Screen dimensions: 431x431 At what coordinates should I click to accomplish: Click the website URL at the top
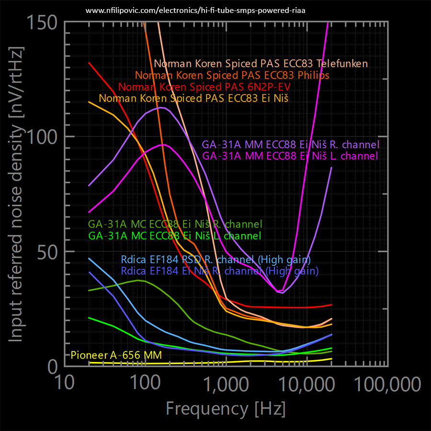195,10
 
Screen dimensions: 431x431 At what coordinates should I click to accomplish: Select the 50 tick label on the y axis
47,251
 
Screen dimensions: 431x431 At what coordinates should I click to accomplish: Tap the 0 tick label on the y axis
53,366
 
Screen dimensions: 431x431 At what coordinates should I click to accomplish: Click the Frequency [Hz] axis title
226,408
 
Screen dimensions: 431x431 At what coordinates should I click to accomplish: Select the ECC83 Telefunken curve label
261,64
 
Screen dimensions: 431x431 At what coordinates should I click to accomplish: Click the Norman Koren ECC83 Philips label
232,75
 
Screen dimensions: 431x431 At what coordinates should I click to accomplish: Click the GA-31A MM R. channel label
291,145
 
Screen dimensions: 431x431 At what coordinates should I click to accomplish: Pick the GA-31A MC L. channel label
175,236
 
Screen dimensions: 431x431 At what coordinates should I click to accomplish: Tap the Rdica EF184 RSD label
215,260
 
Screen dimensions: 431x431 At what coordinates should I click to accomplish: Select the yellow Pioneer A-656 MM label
116,355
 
